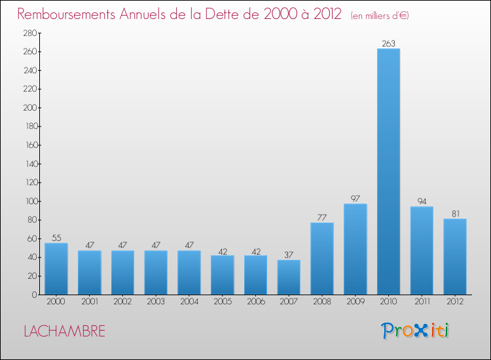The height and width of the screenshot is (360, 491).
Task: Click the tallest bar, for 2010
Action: [388, 171]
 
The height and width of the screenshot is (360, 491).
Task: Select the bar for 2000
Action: [56, 268]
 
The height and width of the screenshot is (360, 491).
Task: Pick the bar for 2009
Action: [355, 249]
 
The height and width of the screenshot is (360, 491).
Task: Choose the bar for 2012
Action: [455, 256]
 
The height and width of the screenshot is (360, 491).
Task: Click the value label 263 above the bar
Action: [388, 44]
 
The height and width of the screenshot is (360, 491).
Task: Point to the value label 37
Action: [289, 255]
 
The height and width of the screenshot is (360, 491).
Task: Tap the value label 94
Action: [422, 202]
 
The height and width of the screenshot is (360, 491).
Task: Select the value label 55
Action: [56, 238]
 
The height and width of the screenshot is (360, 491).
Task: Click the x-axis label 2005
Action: [222, 302]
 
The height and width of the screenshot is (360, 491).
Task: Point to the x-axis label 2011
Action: [422, 302]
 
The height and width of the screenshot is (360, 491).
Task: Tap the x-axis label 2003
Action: [156, 302]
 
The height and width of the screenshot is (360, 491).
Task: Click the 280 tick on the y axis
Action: [29, 33]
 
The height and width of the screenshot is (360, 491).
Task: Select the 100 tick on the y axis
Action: [29, 201]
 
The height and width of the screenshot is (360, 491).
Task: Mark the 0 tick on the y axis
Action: [33, 295]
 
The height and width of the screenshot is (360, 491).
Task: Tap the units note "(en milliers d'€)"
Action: [380, 15]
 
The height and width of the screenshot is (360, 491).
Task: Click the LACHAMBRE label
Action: [64, 331]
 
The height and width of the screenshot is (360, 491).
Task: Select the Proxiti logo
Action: [415, 331]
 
